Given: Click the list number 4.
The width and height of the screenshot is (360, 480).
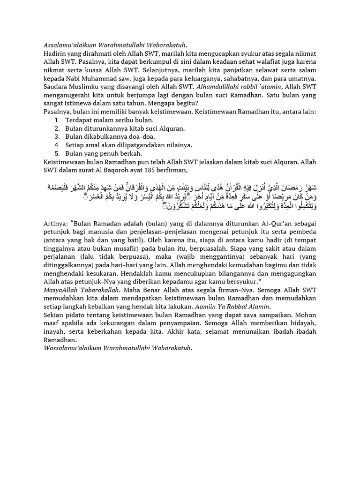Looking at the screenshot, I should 56,145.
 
